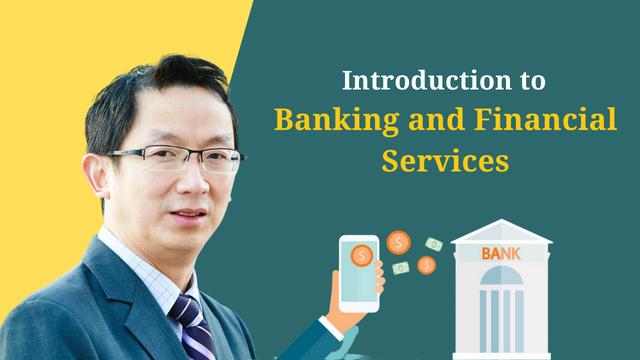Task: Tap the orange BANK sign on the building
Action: click(500, 254)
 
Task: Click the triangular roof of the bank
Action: click(500, 233)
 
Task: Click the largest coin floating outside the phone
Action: click(398, 243)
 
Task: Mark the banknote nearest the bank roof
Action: click(434, 244)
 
